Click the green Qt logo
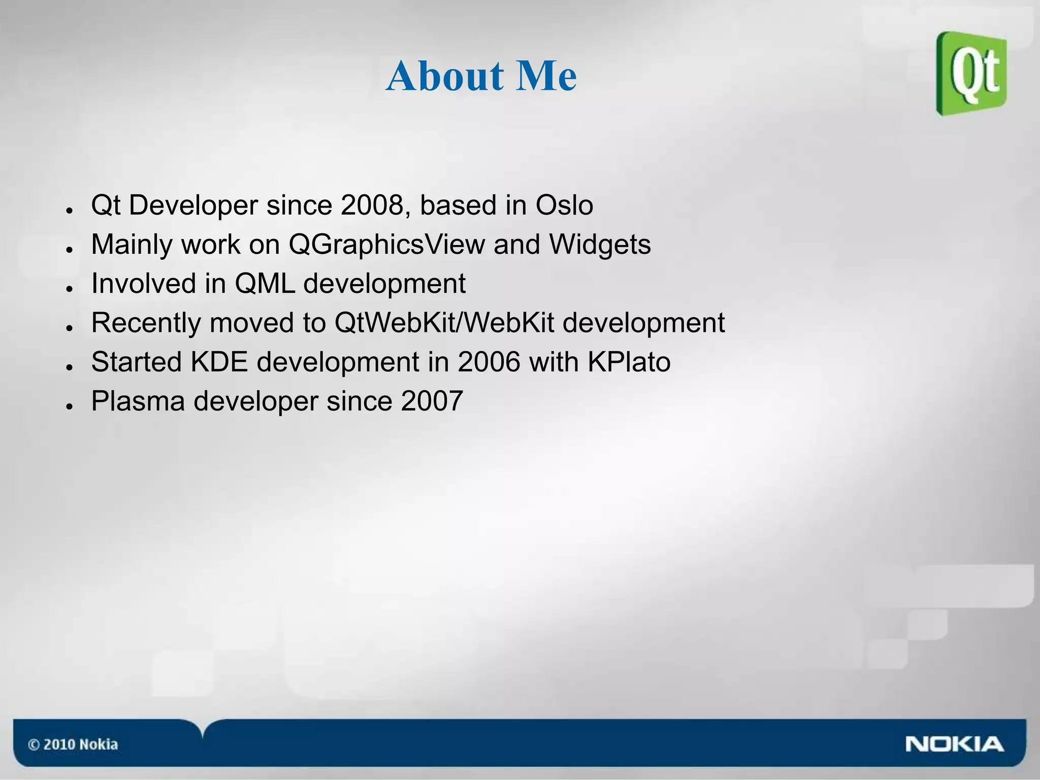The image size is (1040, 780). (971, 74)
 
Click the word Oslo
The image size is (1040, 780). (564, 206)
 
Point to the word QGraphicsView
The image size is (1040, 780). (386, 245)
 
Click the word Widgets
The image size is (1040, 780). (600, 245)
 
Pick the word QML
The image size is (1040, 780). (265, 284)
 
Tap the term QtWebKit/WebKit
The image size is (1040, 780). (444, 323)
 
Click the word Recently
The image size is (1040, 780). (146, 323)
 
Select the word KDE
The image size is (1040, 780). (219, 362)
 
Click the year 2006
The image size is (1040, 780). (489, 362)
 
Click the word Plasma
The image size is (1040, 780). (138, 401)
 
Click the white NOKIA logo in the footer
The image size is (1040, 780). (954, 744)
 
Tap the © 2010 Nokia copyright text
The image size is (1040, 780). (73, 744)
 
